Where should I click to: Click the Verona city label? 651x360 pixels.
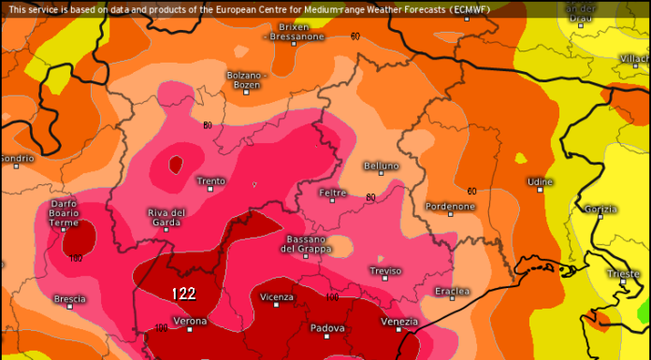coord(191,321)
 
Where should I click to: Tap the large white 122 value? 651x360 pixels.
coord(183,294)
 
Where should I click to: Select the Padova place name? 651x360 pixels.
coord(328,328)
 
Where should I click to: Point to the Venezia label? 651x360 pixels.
coord(399,322)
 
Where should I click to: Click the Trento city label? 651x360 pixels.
coord(210,180)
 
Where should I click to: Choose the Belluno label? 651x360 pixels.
coord(382,166)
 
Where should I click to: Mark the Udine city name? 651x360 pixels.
coord(540,181)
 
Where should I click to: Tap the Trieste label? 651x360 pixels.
coord(623,274)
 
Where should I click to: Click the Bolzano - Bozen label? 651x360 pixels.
coord(247,79)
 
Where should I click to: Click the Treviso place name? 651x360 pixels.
coord(385,271)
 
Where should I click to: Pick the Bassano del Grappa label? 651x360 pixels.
coord(305,244)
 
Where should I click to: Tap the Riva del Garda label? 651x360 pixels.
coord(166,218)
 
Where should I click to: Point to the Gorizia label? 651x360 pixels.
coord(600,208)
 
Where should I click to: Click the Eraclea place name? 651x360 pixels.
coord(453,292)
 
